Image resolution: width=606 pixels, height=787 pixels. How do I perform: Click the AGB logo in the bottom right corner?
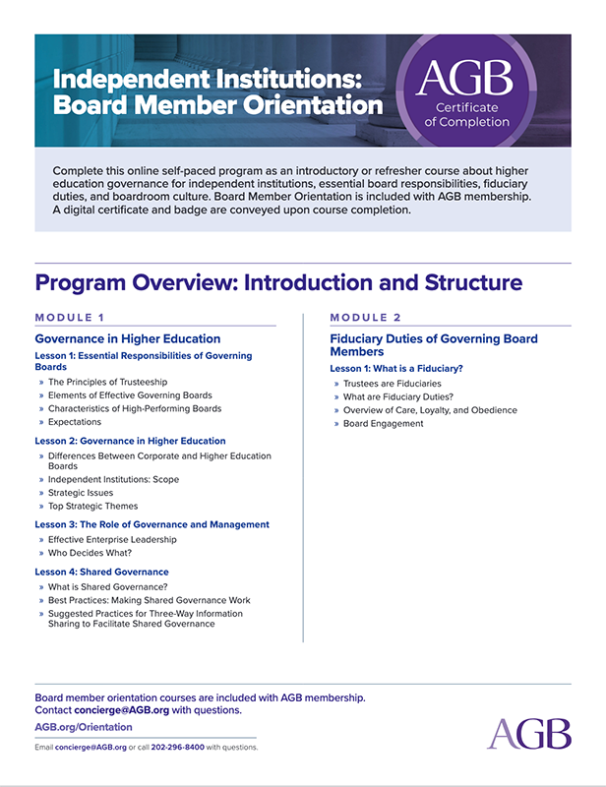[528, 734]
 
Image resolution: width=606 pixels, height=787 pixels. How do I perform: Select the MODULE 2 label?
[365, 318]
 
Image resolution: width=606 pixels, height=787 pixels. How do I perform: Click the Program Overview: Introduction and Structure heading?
[278, 283]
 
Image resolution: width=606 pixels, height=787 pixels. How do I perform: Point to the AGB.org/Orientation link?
[84, 727]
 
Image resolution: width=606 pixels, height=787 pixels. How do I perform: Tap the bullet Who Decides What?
[91, 553]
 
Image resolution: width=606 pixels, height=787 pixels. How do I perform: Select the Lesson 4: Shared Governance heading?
[102, 572]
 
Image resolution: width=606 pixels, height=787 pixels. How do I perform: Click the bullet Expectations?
[75, 422]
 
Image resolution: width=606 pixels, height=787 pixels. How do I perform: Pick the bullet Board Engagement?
[384, 424]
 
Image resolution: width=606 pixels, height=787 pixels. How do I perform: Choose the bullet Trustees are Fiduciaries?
[393, 383]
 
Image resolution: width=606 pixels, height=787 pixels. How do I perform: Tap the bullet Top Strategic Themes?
[93, 506]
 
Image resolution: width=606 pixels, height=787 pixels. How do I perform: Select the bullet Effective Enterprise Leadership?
[112, 539]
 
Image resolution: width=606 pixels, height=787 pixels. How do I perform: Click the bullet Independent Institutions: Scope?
[114, 479]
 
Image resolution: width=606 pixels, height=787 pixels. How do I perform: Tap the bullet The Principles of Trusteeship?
[108, 382]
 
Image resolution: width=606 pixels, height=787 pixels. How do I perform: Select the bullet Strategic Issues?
[81, 493]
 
